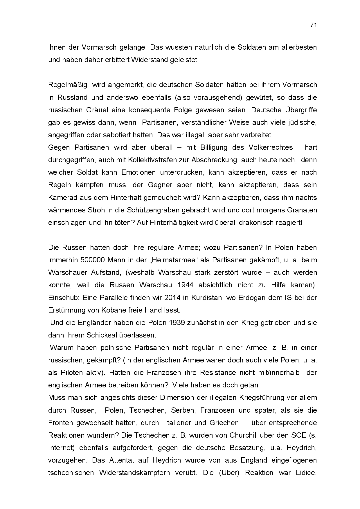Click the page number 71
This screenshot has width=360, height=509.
coord(313,25)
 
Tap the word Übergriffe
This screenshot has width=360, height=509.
coord(301,110)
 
